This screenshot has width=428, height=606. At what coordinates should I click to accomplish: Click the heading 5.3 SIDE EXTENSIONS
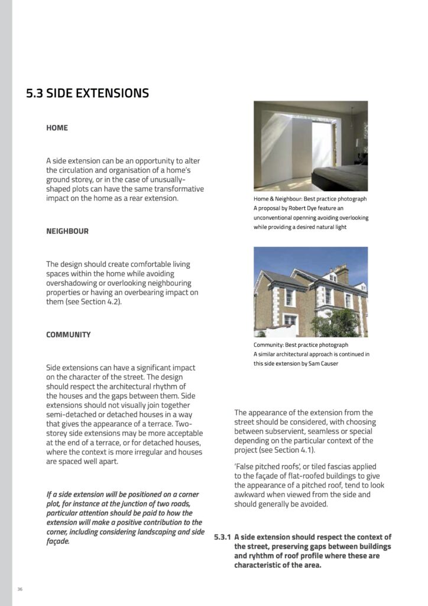coord(87,94)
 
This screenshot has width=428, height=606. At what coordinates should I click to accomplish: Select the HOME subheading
coord(57,128)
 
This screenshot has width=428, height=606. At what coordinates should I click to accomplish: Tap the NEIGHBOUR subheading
coord(67,231)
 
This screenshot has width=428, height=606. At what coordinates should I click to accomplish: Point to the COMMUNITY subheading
coord(69,335)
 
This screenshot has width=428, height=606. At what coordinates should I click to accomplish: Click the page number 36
coord(20,589)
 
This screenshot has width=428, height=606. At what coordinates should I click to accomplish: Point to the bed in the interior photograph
coord(339,176)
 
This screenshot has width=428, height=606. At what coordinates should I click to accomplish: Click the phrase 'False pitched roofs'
coord(269,467)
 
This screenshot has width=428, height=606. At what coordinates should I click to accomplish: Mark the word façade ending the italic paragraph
coord(57,541)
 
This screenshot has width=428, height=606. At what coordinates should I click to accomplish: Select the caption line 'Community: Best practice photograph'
coord(301,345)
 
